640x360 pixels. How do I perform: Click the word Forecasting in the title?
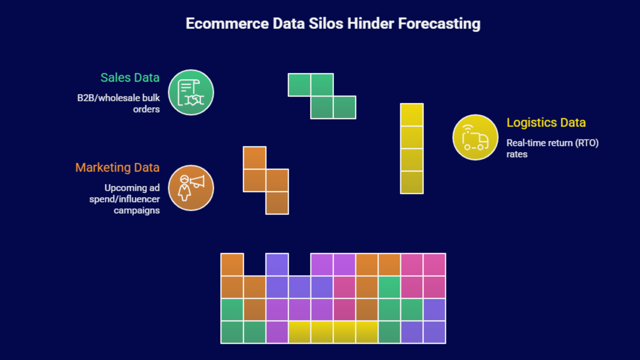tap(439, 24)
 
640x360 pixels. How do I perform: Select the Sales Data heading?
tap(130, 78)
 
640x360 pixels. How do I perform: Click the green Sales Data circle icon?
tap(191, 92)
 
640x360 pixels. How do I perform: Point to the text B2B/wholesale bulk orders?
tap(119, 103)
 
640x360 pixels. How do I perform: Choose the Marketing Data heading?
tap(117, 167)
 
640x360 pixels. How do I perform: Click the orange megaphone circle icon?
tap(191, 188)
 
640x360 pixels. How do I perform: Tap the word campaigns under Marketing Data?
tap(136, 210)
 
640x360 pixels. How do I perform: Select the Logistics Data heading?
tap(546, 122)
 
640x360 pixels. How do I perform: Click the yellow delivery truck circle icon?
tap(475, 138)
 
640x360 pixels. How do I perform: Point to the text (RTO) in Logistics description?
tap(587, 143)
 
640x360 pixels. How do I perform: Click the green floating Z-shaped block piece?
tap(322, 96)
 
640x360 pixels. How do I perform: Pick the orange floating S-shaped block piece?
tap(266, 180)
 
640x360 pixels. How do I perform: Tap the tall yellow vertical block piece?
tap(412, 149)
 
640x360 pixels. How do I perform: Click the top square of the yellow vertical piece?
tap(412, 115)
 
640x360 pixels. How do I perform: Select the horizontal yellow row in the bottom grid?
tap(333, 332)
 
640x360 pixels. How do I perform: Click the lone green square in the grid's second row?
tap(389, 287)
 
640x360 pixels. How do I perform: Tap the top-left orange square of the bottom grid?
tap(232, 264)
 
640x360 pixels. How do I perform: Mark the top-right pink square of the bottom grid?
tap(434, 264)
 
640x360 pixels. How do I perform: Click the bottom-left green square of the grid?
tap(232, 332)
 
